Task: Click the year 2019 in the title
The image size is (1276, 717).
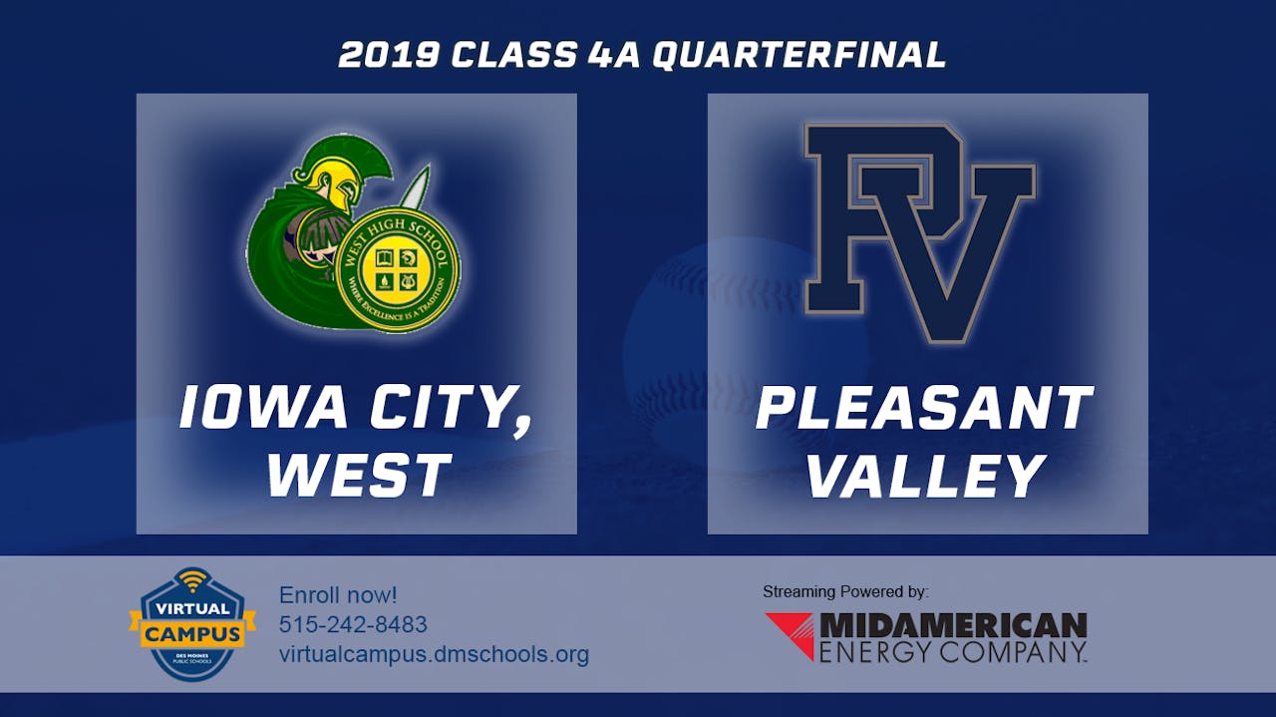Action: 389,56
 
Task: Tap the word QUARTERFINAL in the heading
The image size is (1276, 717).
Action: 798,56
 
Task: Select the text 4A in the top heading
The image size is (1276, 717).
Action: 611,56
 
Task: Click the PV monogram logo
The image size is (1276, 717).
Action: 919,231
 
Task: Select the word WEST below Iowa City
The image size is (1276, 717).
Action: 357,475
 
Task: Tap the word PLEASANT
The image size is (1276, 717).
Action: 924,408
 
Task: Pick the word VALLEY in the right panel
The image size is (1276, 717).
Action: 926,475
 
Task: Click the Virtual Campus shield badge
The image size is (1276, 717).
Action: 185,624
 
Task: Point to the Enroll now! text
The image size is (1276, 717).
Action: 338,595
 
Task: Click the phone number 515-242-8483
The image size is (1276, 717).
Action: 353,624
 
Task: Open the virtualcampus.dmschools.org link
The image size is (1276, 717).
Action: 434,654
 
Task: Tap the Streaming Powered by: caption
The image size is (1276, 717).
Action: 845,591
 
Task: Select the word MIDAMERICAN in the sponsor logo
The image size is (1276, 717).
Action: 952,625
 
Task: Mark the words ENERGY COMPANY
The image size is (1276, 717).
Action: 952,652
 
